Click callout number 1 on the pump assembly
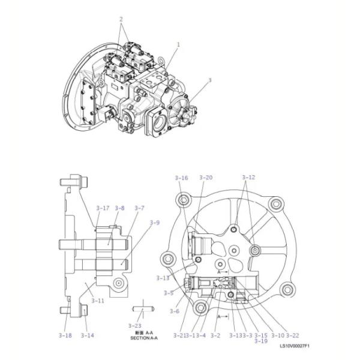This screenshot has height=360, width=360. coord(178,44)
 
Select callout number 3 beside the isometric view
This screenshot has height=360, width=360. coord(209,80)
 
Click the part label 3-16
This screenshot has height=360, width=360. coord(181,178)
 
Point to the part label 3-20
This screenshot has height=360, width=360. coord(206,178)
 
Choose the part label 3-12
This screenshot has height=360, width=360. coord(248,178)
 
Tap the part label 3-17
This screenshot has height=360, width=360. coord(103,208)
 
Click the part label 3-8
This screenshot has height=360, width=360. coord(120,208)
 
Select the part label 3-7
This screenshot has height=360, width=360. coord(139,208)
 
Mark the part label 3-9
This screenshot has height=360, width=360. coord(154,223)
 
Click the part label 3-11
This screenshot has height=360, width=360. coord(97,300)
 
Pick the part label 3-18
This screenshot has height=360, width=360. coord(65,335)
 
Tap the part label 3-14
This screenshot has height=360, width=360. coord(88,335)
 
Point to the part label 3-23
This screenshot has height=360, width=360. coord(134,325)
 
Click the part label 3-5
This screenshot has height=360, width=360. coord(169,293)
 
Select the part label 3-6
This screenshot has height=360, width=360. coord(174,311)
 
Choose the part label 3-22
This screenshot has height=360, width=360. coord(292,335)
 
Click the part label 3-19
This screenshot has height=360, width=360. coord(261,341)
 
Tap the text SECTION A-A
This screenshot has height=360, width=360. coord(144,338)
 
